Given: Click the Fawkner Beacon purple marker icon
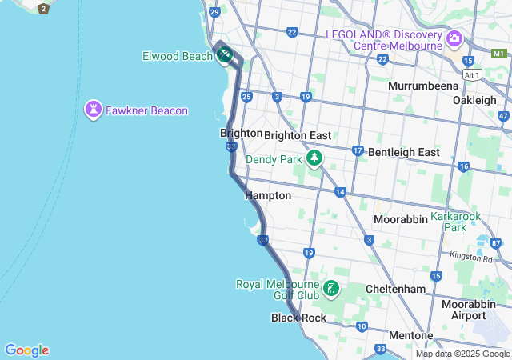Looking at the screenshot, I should point(94,110).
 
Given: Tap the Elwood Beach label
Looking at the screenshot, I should point(177,55).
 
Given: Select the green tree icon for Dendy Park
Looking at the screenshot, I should point(315,158).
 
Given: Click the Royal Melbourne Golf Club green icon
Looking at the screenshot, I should point(331,288).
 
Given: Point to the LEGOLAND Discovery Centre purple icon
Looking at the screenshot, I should point(454,38).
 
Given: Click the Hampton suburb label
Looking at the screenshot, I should point(268,195).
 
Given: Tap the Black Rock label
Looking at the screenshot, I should point(298,318).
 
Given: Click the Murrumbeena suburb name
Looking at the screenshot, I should point(422,86).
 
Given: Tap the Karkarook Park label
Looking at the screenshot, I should point(459,222).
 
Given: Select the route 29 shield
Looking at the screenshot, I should point(214,12).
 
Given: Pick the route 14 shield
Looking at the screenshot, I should point(341,192).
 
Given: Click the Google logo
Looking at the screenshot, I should point(26,350).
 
